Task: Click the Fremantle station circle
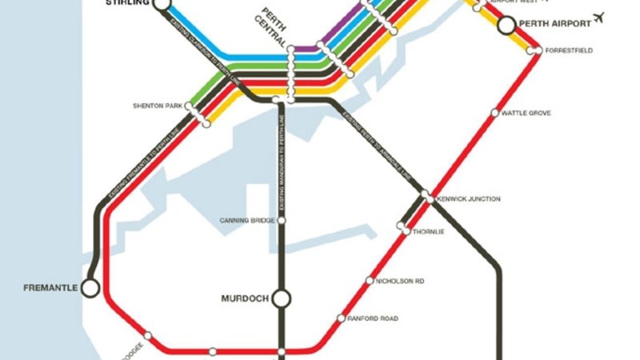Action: [90, 286]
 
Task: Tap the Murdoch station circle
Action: [281, 299]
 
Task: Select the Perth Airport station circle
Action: [506, 26]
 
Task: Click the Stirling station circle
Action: [162, 4]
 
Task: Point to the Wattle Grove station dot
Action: [495, 113]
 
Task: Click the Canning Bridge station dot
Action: [281, 220]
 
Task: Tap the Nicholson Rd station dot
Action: [369, 281]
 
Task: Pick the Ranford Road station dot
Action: [342, 318]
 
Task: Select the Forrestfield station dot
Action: [538, 51]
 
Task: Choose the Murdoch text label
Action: [244, 299]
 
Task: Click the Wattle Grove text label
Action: [526, 114]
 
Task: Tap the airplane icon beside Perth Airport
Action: [595, 18]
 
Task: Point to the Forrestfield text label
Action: [570, 51]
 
